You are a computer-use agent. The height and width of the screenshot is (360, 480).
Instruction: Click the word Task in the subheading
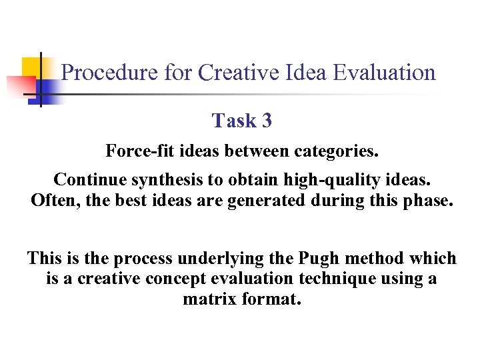pyautogui.click(x=234, y=121)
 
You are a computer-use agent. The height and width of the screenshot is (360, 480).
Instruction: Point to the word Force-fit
pyautogui.click(x=137, y=151)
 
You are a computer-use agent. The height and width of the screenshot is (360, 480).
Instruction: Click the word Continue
pyautogui.click(x=88, y=180)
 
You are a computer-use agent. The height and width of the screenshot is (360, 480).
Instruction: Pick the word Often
pyautogui.click(x=53, y=200)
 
